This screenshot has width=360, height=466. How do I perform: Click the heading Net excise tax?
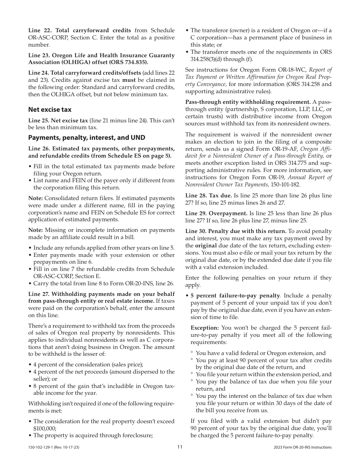(x=50, y=109)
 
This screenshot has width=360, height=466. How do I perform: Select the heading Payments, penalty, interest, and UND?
(x=86, y=138)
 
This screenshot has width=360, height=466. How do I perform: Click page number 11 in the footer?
(x=180, y=447)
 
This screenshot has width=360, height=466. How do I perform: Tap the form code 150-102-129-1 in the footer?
(x=42, y=447)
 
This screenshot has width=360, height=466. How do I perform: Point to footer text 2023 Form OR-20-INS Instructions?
(x=302, y=447)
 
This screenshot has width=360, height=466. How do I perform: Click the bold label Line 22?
(x=39, y=30)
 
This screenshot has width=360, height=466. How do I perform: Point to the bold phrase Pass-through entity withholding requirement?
(x=248, y=102)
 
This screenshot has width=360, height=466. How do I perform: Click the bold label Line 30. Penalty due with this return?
(x=236, y=231)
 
